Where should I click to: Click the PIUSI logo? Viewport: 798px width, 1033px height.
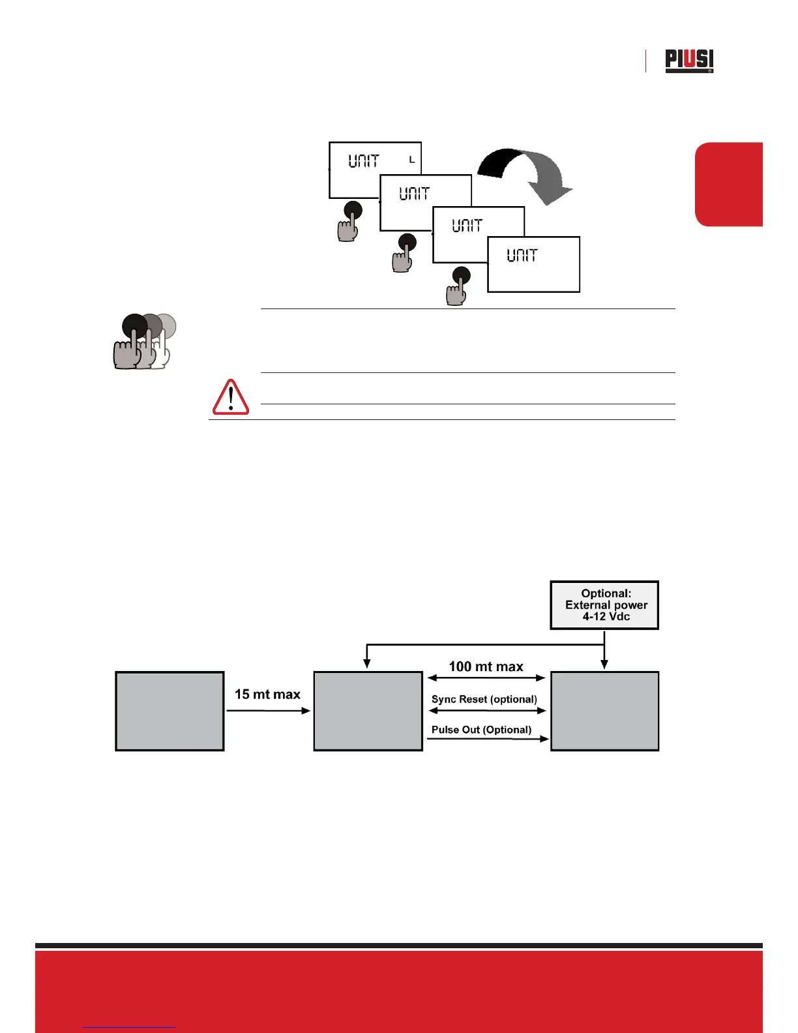(689, 61)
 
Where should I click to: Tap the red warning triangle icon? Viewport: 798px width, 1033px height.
(231, 397)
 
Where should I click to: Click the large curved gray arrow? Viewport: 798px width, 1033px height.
(527, 174)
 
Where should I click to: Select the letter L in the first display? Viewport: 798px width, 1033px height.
(412, 160)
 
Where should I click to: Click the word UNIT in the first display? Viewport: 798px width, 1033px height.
(363, 160)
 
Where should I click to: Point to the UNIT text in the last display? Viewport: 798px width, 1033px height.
(522, 255)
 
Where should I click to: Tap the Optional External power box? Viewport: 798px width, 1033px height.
(604, 605)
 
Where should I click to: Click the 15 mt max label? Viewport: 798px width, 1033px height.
(267, 695)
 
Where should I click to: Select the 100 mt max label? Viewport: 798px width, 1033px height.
(486, 666)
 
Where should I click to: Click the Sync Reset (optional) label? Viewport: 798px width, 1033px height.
(484, 699)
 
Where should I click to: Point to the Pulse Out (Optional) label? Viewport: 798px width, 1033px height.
(481, 730)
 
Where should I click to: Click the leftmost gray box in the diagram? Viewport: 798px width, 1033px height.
(170, 711)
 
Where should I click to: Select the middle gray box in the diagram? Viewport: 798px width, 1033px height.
(368, 711)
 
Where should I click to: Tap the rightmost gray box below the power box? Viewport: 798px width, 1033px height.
(604, 711)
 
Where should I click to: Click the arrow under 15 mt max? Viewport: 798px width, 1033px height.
(268, 710)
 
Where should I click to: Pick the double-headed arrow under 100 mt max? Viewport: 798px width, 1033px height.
(486, 678)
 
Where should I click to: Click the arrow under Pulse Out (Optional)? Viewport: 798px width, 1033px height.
(487, 739)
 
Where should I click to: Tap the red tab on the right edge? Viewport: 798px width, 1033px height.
(729, 185)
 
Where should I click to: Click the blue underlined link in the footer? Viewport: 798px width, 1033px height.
(129, 1027)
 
